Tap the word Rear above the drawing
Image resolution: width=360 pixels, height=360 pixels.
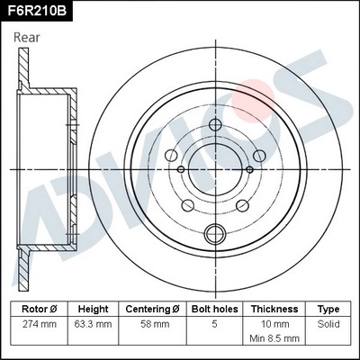pos(30,38)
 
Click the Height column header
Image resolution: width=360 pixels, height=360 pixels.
pos(93,309)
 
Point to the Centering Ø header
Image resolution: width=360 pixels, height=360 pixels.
pos(152,309)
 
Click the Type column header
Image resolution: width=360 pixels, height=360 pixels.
pos(328,309)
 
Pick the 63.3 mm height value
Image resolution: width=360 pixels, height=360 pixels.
pos(93,323)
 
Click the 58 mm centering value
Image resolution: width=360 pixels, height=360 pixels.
pos(152,323)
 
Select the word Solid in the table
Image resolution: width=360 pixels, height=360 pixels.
pos(328,323)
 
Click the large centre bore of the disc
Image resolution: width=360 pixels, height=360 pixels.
pos(214,167)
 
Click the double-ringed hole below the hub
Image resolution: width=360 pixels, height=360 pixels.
pos(214,235)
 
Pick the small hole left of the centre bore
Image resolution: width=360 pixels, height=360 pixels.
pos(181,168)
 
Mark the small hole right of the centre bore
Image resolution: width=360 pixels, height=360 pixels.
pos(247,168)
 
